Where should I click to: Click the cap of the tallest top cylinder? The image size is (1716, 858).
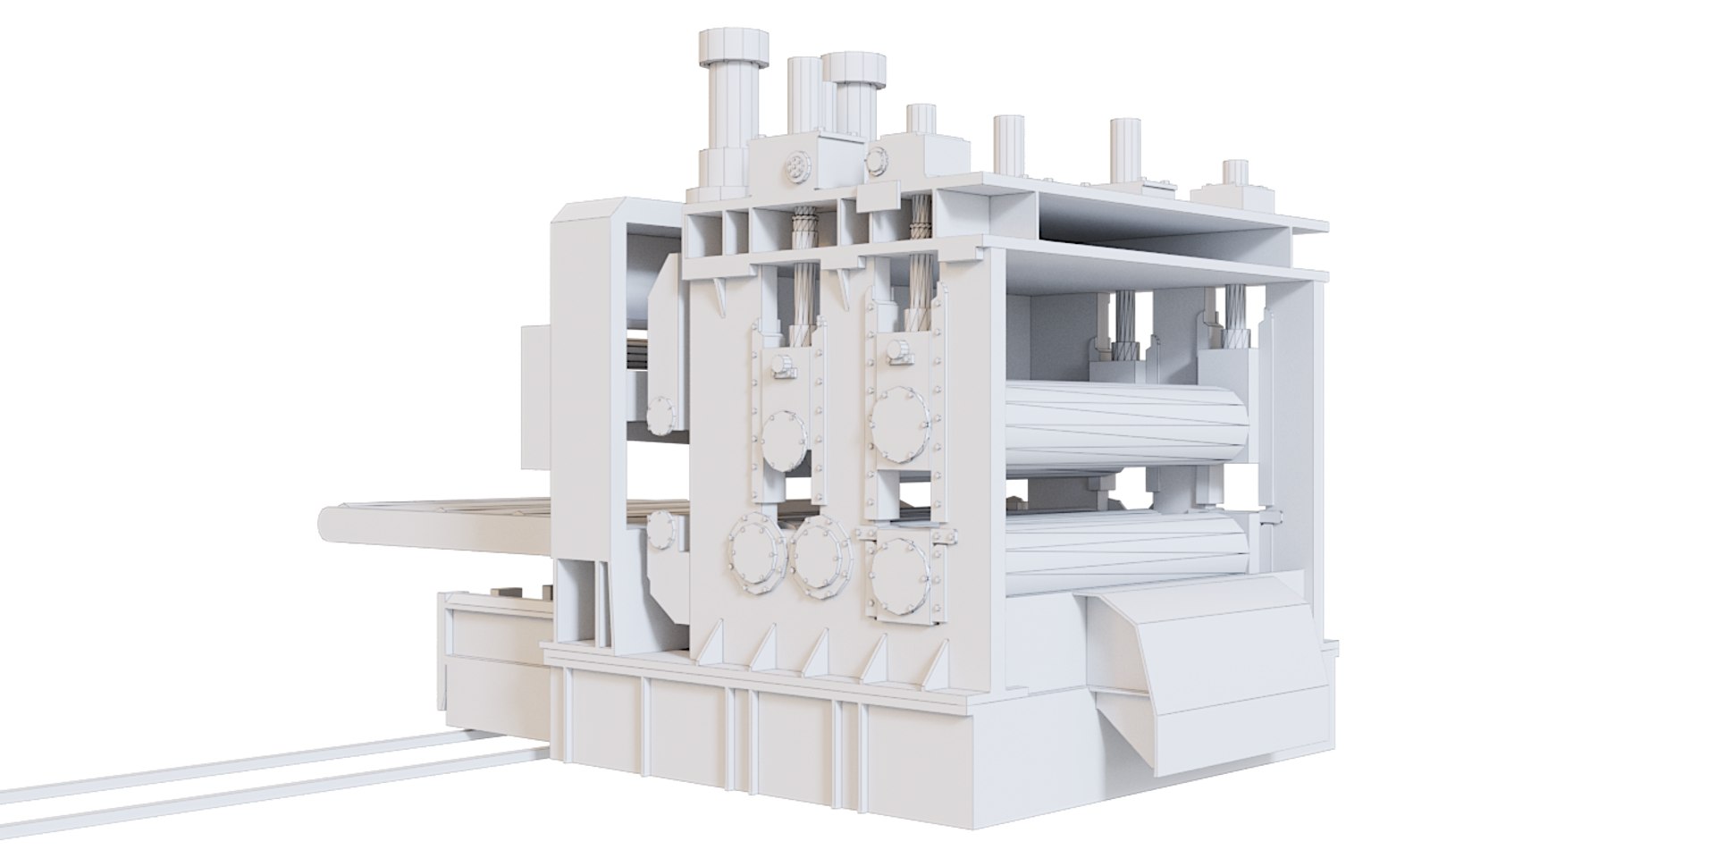pyautogui.click(x=733, y=45)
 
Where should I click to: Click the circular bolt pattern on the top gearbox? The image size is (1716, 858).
pyautogui.click(x=794, y=167)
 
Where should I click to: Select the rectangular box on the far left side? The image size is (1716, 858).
pyautogui.click(x=534, y=394)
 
